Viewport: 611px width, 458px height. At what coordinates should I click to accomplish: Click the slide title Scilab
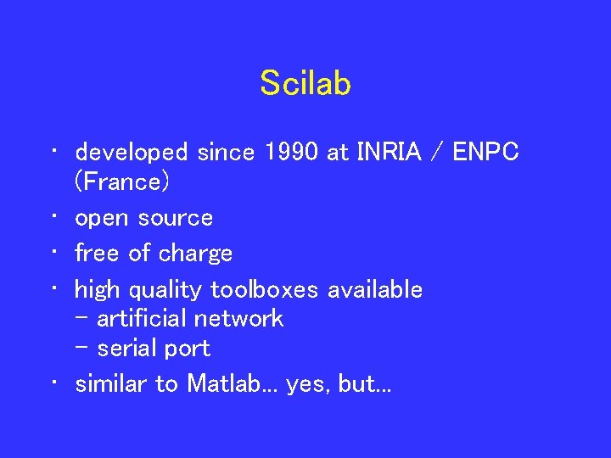pos(305,83)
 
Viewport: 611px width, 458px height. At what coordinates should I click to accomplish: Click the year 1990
pos(293,152)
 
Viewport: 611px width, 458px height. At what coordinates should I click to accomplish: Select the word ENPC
pos(486,152)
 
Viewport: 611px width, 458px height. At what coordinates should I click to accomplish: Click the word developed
pos(132,153)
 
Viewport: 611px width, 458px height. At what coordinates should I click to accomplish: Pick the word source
pos(176,218)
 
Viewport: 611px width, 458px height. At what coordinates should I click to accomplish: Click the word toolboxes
pos(264,290)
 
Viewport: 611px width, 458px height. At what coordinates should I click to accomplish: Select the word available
pos(375,290)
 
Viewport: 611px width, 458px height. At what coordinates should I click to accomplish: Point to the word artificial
pos(143,319)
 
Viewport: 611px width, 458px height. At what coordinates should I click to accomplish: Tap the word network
pos(238,319)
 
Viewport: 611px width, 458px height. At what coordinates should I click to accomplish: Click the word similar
pos(111,384)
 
